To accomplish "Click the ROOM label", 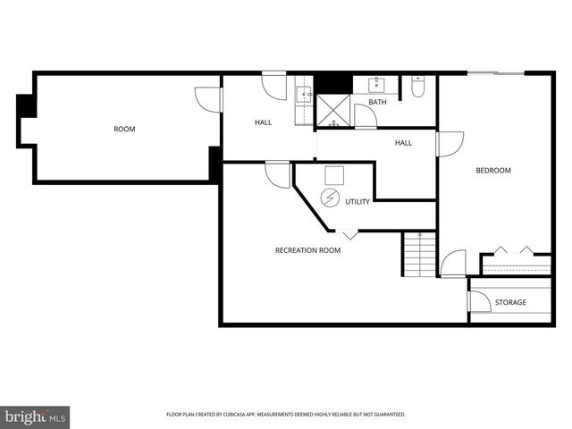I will click(x=124, y=130).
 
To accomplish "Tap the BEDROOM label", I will click(x=492, y=171).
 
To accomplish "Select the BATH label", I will click(x=377, y=102).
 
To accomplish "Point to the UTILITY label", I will click(x=357, y=202).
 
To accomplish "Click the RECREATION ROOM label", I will click(x=307, y=250).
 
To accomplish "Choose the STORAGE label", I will click(x=510, y=302).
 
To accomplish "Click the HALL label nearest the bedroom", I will click(x=404, y=142).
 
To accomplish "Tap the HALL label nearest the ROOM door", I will click(x=263, y=122).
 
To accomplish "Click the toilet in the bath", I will click(x=418, y=88).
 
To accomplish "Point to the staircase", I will click(x=417, y=254).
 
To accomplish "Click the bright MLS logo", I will click(x=36, y=416).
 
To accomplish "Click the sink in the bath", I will click(x=375, y=86).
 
